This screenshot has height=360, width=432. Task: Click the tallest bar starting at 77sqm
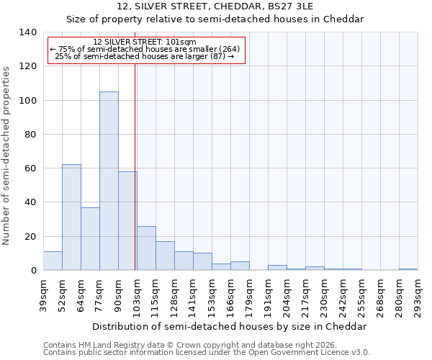[109, 181]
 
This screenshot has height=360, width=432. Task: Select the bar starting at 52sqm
[71, 217]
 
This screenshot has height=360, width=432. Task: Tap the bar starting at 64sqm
[90, 238]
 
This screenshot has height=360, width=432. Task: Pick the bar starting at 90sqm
[127, 220]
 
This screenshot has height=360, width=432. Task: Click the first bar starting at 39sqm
[53, 261]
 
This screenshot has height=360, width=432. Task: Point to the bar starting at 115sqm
[165, 256]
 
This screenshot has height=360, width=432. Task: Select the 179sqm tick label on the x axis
[249, 296]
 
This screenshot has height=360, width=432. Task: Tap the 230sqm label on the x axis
[324, 296]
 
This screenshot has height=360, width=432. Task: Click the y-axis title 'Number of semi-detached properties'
[7, 156]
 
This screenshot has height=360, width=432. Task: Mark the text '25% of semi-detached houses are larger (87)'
[144, 56]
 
